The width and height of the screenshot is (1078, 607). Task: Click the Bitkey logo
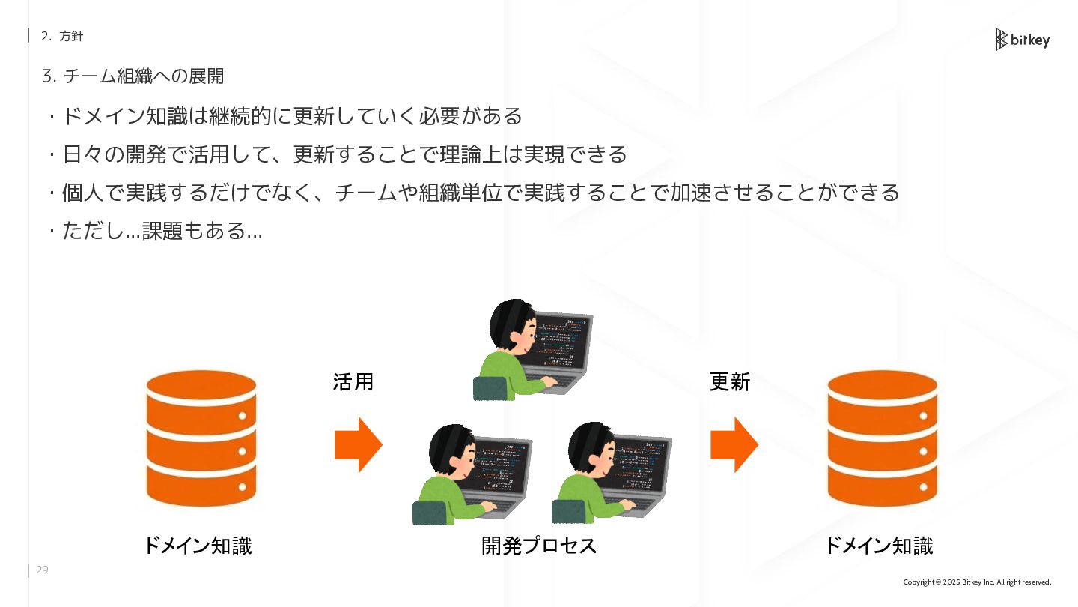click(x=1022, y=40)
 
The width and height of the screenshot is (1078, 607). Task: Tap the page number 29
click(x=42, y=570)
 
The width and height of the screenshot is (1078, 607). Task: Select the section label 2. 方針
click(x=62, y=36)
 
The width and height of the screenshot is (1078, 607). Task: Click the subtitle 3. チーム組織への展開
click(x=133, y=76)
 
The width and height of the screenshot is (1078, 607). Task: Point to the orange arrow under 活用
click(x=358, y=444)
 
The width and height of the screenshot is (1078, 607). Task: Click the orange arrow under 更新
click(x=734, y=444)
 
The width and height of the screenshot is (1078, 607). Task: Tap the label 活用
click(x=353, y=381)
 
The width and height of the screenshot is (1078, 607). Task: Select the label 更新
click(x=729, y=381)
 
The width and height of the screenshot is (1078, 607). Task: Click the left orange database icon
click(x=201, y=438)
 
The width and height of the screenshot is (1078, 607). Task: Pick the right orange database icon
click(x=882, y=438)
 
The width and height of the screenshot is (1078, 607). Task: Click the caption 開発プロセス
click(x=539, y=546)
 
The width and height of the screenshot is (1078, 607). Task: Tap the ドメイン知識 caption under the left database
click(x=197, y=546)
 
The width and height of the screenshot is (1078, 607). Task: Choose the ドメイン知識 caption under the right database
click(x=878, y=546)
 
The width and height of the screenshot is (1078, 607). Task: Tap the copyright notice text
click(x=977, y=582)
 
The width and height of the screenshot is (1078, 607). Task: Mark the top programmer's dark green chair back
click(x=490, y=388)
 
